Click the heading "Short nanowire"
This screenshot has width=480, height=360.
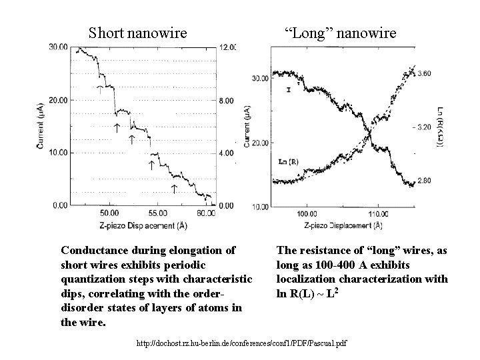(138, 32)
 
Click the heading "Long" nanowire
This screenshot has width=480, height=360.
(340, 32)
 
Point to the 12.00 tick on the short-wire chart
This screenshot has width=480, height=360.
(227, 47)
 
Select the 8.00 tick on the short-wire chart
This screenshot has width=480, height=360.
(227, 100)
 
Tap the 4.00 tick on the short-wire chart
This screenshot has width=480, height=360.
(227, 153)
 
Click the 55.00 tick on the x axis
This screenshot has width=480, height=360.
(157, 213)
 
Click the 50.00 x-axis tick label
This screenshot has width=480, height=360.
(108, 213)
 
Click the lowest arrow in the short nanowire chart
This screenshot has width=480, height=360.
(174, 189)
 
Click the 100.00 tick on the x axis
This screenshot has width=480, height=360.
(307, 214)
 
